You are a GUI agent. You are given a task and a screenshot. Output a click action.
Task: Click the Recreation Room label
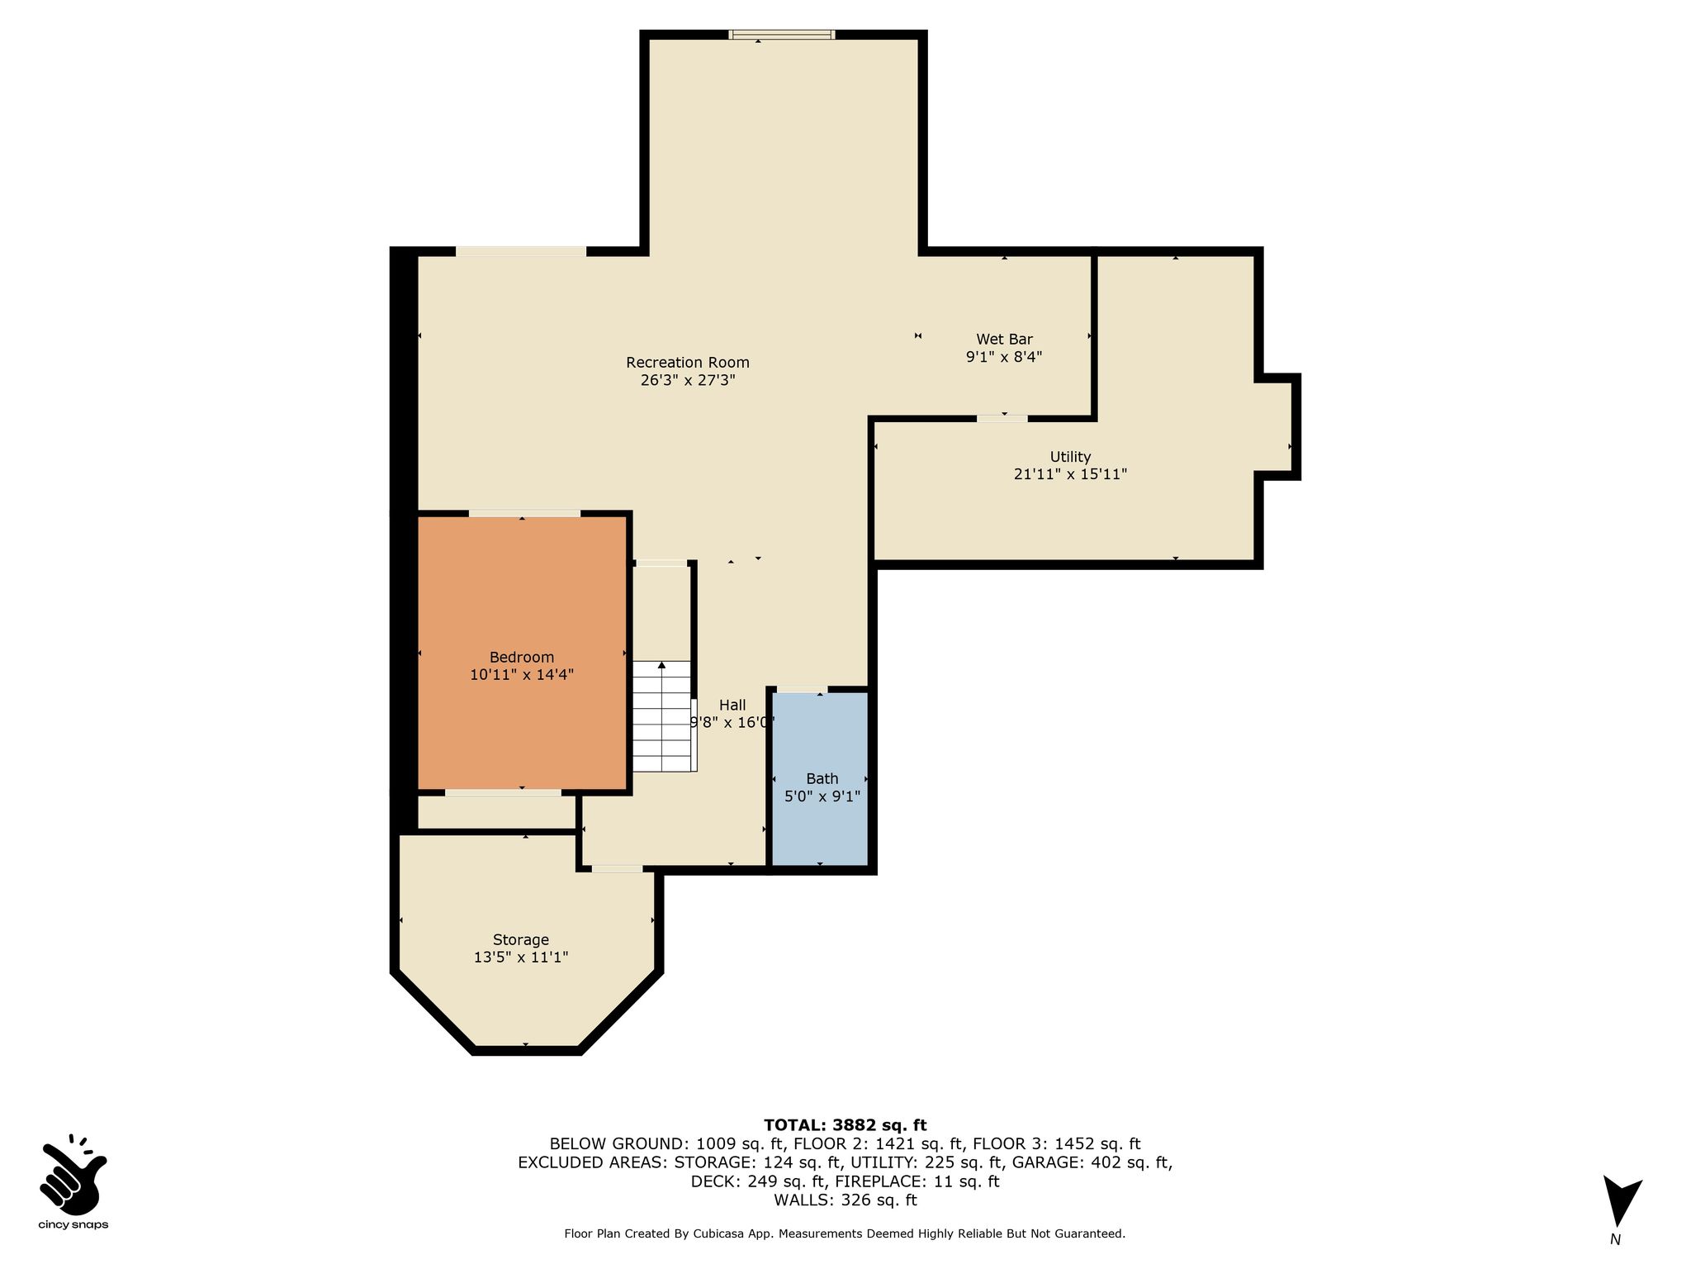tap(688, 362)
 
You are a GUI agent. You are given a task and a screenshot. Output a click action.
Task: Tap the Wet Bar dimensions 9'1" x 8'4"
tap(1004, 357)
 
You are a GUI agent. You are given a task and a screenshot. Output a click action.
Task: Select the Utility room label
tap(1070, 456)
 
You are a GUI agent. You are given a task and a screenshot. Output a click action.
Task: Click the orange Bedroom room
tap(521, 653)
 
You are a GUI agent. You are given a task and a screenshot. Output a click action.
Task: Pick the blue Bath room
tap(820, 778)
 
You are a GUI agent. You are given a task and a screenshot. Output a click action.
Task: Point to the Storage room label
tap(521, 939)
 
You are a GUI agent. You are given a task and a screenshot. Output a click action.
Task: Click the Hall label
tap(732, 705)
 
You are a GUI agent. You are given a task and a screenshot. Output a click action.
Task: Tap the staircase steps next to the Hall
tap(661, 715)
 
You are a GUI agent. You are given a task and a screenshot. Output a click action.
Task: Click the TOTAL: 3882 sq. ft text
tap(845, 1124)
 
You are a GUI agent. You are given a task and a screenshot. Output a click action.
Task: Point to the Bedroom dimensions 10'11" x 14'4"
tap(522, 674)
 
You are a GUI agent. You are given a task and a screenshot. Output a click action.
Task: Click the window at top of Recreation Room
tap(782, 35)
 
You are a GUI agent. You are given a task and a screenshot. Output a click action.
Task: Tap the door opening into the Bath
tap(801, 690)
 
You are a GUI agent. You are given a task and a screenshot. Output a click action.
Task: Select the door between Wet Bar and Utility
tap(1002, 419)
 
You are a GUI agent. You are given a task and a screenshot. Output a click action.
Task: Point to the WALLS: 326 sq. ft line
tap(845, 1200)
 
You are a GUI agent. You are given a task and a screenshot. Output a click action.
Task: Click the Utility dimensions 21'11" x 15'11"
tap(1070, 474)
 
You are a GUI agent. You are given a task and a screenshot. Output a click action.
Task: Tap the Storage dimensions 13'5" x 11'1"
tap(521, 958)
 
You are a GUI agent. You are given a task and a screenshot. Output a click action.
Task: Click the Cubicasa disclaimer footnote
tap(845, 1233)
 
